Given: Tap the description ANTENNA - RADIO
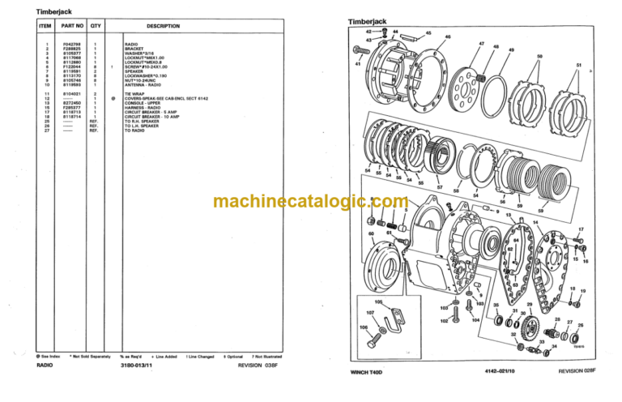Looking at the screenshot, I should click(143, 84).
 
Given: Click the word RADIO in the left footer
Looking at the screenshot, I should click(45, 366).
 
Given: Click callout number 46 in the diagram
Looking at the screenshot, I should click(447, 37).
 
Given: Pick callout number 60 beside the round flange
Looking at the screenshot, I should click(371, 234).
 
